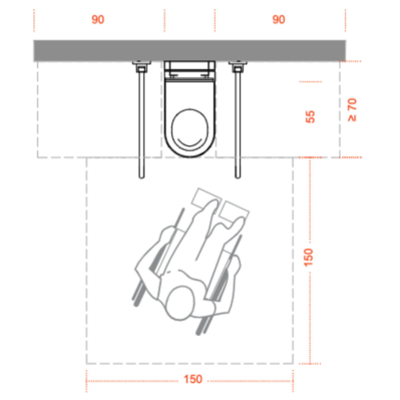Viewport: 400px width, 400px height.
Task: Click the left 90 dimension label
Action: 98,20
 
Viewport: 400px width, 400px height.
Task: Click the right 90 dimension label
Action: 279,20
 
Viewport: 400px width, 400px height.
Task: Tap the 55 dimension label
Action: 310,117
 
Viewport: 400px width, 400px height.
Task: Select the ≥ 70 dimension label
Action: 352,110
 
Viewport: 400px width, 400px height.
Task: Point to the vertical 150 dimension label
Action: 309,257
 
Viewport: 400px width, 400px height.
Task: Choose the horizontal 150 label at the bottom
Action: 193,379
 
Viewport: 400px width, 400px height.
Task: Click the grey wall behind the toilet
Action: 190,51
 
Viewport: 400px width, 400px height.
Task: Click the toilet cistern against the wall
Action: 190,70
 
